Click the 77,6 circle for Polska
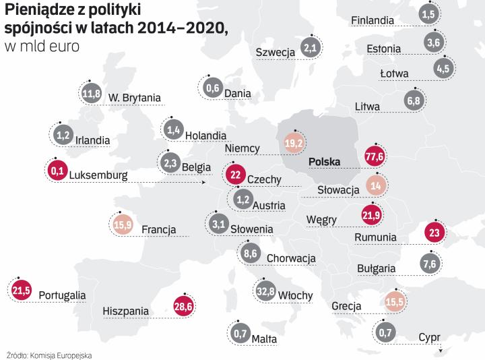tap(373, 156)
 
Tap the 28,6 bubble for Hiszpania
tap(183, 306)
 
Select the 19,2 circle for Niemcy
tap(294, 143)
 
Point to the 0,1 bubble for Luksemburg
tap(57, 171)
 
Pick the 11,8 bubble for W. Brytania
tap(91, 93)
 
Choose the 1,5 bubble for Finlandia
tap(427, 13)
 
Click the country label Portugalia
tap(62, 295)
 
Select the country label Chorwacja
tap(291, 258)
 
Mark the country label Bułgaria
tap(376, 268)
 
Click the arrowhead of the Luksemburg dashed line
tap(203, 182)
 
